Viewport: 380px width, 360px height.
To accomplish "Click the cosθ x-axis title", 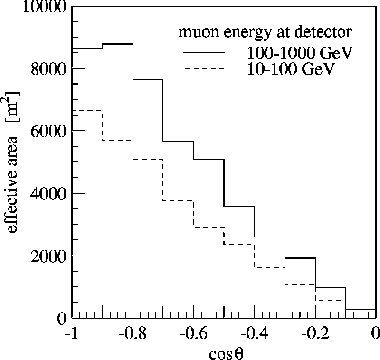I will click(x=224, y=352).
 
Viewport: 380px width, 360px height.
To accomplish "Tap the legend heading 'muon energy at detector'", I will click(x=265, y=33).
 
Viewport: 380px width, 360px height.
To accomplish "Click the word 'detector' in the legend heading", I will click(x=329, y=33).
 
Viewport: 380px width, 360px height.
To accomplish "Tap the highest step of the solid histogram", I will click(x=117, y=44).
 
